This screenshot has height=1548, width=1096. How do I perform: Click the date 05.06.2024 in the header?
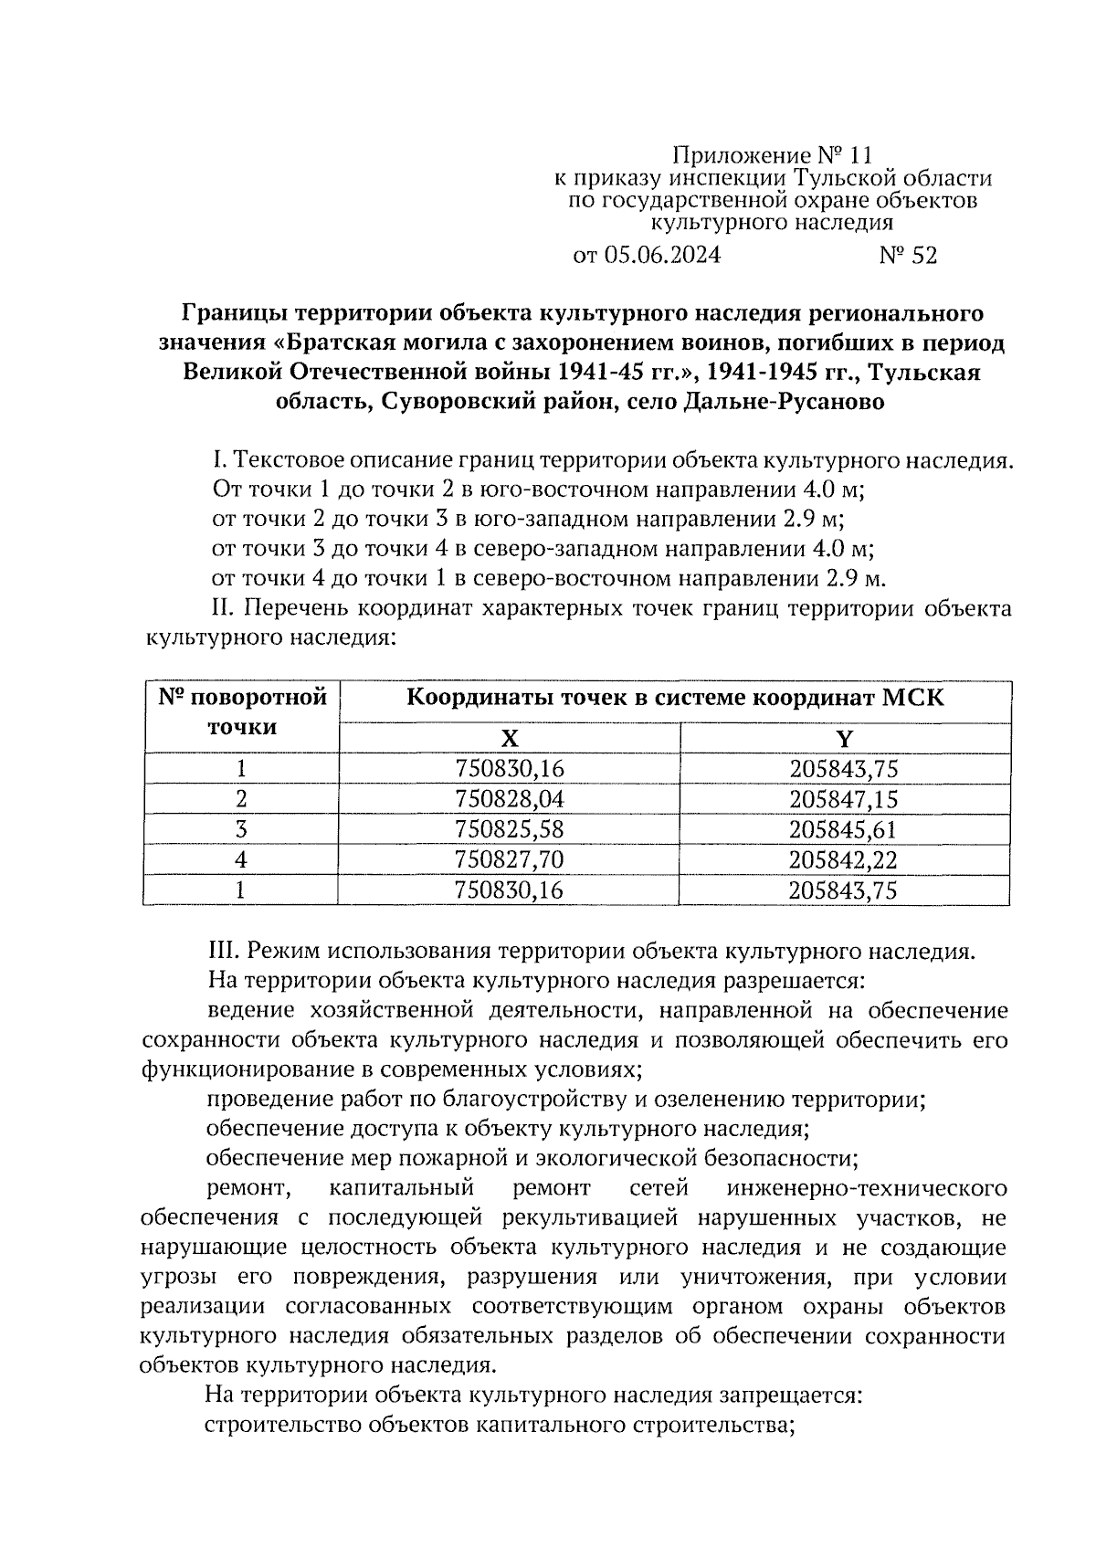pyautogui.click(x=662, y=255)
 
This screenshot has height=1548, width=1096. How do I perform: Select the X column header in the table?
pyautogui.click(x=510, y=738)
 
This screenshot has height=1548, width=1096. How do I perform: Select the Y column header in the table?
pyautogui.click(x=845, y=738)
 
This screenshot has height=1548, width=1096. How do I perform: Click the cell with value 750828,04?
pyautogui.click(x=510, y=799)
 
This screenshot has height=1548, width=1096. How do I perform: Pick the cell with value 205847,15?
pyautogui.click(x=845, y=799)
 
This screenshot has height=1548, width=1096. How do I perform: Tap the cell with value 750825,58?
pyautogui.click(x=510, y=829)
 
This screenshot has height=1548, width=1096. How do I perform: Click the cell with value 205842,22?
pyautogui.click(x=845, y=859)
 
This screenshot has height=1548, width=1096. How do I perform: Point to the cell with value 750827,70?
pyautogui.click(x=510, y=859)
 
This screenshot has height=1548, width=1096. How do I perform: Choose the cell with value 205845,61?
pyautogui.click(x=845, y=829)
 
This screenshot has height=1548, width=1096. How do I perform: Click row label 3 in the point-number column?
pyautogui.click(x=241, y=829)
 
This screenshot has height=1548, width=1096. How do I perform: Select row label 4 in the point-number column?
pyautogui.click(x=241, y=859)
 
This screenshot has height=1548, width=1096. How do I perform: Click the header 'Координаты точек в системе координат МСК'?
pyautogui.click(x=675, y=699)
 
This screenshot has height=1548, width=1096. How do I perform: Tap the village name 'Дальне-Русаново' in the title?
pyautogui.click(x=783, y=402)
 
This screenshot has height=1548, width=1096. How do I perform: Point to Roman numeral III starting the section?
pyautogui.click(x=223, y=951)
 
